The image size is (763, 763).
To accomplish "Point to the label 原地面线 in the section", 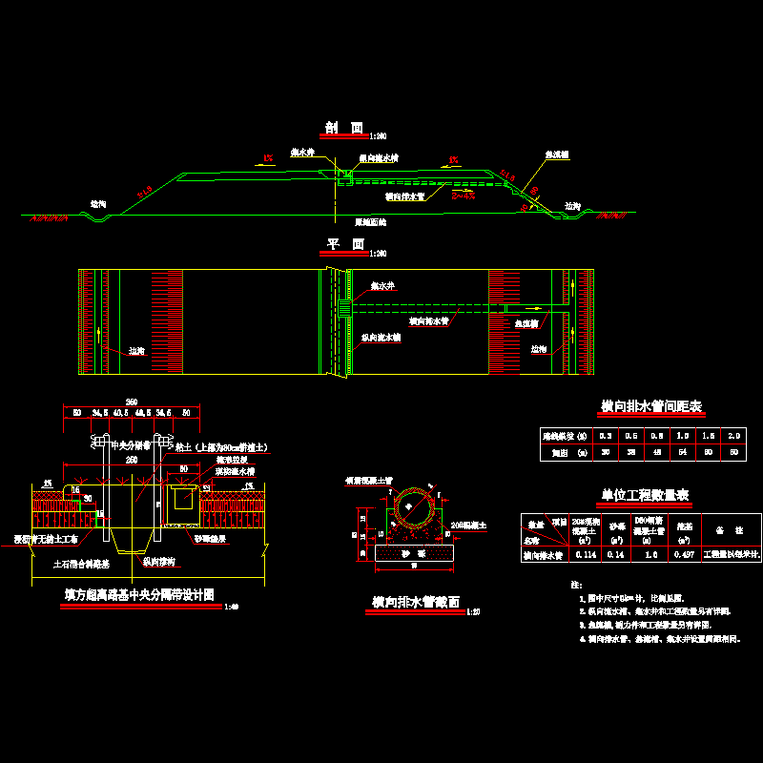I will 370,220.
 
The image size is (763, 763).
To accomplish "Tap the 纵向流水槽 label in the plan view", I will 381,337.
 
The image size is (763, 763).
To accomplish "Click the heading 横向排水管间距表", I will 651,407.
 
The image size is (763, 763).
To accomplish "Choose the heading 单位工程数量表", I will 645,495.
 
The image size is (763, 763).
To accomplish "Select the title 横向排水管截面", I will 416,603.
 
